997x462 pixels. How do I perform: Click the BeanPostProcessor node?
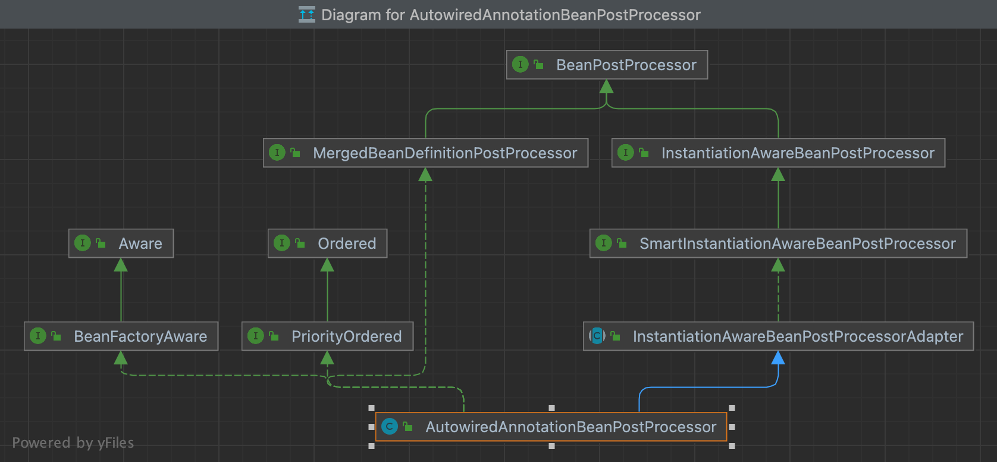[x=607, y=65]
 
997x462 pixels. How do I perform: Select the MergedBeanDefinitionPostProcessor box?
[x=425, y=153]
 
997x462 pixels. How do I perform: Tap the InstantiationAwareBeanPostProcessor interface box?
[x=778, y=153]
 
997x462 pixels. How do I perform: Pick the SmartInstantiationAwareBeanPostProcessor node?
[x=778, y=244]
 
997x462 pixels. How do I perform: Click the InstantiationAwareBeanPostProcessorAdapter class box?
[x=778, y=336]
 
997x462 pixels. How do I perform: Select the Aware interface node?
[x=121, y=244]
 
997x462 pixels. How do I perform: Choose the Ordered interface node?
[x=327, y=244]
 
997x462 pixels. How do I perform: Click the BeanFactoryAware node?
[x=121, y=336]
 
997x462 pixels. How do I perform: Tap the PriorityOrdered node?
[x=327, y=336]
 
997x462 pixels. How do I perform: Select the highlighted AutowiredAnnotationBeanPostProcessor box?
[x=551, y=427]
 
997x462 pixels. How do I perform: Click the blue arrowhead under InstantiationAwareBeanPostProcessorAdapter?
[x=778, y=358]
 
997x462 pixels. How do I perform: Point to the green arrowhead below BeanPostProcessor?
[x=606, y=86]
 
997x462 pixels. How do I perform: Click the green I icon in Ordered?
[x=281, y=243]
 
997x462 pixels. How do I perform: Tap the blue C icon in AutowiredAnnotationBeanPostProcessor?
[x=390, y=426]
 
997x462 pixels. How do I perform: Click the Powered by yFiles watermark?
[x=73, y=443]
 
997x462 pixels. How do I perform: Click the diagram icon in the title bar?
[x=307, y=14]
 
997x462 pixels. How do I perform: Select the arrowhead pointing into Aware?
[x=121, y=265]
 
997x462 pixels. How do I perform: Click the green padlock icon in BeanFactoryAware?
[x=56, y=336]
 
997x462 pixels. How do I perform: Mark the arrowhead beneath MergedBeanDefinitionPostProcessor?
[x=425, y=174]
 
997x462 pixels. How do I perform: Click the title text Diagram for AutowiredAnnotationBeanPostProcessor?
[x=510, y=15]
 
